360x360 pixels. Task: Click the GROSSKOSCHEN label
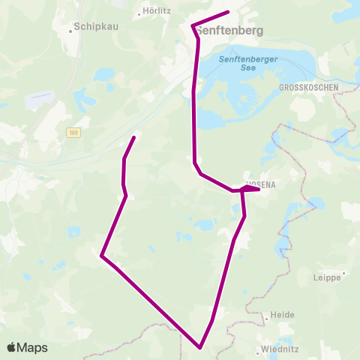pos(308,88)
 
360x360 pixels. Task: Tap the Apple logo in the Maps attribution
pos(11,347)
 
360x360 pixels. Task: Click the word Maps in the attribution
pos(32,347)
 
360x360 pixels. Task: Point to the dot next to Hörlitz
pos(140,13)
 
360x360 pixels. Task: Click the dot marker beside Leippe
pos(343,273)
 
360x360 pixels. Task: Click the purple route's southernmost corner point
pos(200,347)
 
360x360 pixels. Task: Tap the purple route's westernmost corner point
pos(101,256)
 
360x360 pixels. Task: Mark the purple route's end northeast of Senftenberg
pos(228,12)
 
